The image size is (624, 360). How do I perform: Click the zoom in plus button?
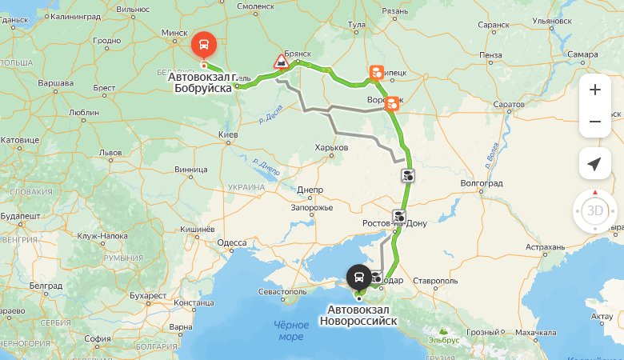(x=594, y=90)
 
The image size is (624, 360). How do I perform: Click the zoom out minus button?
(x=594, y=122)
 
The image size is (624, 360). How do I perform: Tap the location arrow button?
(x=594, y=164)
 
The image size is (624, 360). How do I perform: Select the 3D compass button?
(x=594, y=211)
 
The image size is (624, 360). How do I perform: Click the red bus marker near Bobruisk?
(x=203, y=43)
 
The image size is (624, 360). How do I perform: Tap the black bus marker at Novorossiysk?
(x=358, y=278)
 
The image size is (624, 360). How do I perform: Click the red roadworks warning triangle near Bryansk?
(x=282, y=61)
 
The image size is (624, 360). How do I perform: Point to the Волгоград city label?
(x=482, y=183)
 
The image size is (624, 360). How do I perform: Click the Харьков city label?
(x=332, y=147)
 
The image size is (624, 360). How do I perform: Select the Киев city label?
(x=228, y=135)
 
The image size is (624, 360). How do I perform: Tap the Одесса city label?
(x=232, y=242)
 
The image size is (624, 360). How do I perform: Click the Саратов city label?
(x=509, y=106)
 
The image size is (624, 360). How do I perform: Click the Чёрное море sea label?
(x=291, y=330)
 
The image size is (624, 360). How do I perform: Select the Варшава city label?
(x=56, y=82)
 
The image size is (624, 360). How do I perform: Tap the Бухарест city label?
(x=147, y=295)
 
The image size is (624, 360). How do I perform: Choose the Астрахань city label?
(x=546, y=248)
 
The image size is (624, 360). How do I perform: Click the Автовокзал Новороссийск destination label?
(x=358, y=315)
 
